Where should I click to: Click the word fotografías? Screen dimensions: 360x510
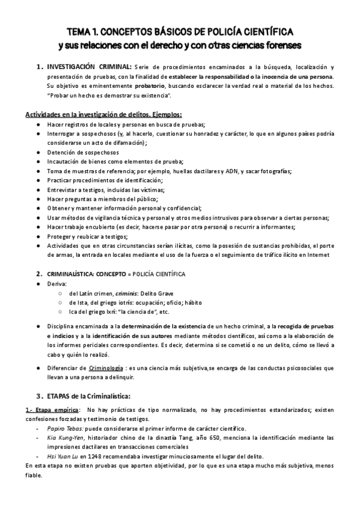coord(272,171)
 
